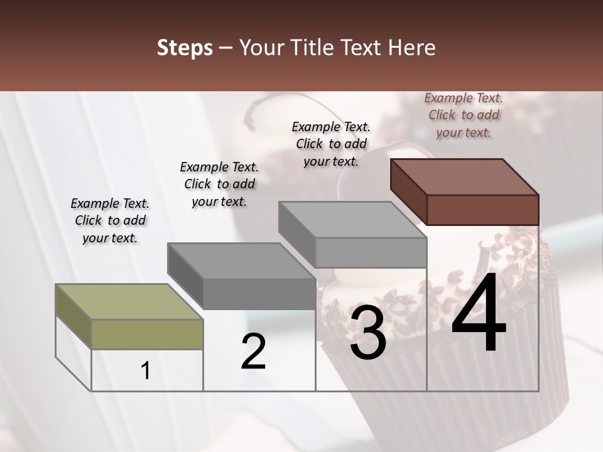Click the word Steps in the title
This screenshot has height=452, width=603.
tap(185, 48)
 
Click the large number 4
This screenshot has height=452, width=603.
tap(479, 314)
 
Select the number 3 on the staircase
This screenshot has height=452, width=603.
tap(367, 333)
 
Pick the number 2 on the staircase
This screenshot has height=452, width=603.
tap(254, 352)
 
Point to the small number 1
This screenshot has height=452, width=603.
tap(146, 371)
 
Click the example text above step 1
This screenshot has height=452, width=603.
tap(110, 220)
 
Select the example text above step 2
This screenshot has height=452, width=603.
tap(219, 184)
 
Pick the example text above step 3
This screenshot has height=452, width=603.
tap(331, 144)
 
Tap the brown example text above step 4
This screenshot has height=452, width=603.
tap(464, 115)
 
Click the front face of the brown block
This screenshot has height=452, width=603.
tap(482, 210)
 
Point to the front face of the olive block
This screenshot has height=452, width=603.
tap(147, 334)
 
